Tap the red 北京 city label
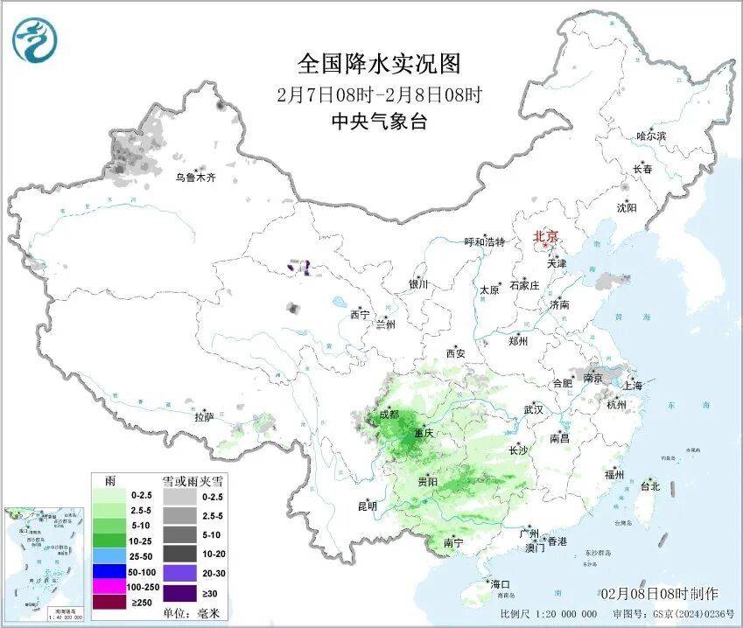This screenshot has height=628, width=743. pyautogui.click(x=546, y=236)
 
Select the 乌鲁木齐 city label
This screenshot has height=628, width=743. pyautogui.click(x=194, y=178)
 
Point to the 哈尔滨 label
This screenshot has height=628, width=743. pyautogui.click(x=651, y=136)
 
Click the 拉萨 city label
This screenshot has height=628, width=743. pyautogui.click(x=204, y=417)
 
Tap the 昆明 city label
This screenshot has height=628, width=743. pyautogui.click(x=368, y=506)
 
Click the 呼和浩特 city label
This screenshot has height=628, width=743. pyautogui.click(x=484, y=242)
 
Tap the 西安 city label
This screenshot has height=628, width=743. pyautogui.click(x=455, y=353)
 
